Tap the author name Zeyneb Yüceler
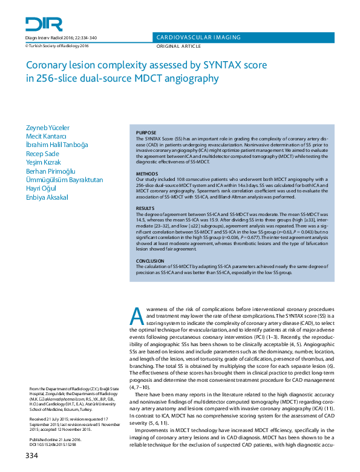click(x=47, y=129)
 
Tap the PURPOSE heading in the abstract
click(x=146, y=133)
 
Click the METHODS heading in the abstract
click(x=146, y=172)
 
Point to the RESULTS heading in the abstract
click(x=145, y=208)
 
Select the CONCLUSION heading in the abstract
click(x=150, y=261)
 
